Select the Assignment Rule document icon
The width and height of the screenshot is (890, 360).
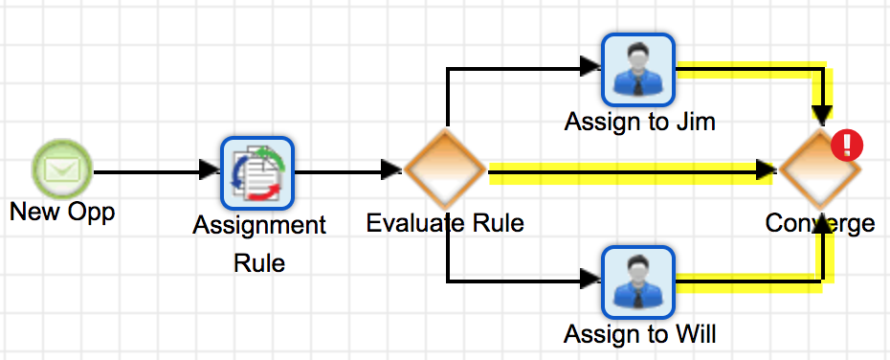click(256, 172)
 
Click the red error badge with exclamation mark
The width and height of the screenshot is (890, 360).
click(847, 146)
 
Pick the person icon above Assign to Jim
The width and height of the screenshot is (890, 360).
click(638, 70)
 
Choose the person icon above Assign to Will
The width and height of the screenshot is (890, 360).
click(638, 281)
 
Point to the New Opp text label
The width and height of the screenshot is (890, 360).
click(62, 212)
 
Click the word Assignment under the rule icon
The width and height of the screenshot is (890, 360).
click(258, 226)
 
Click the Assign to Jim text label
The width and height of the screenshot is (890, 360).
click(639, 123)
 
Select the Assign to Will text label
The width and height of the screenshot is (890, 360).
click(639, 334)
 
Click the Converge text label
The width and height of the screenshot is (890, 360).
click(820, 224)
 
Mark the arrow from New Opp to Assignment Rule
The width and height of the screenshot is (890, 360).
click(153, 172)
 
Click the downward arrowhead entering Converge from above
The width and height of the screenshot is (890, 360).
click(821, 116)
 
